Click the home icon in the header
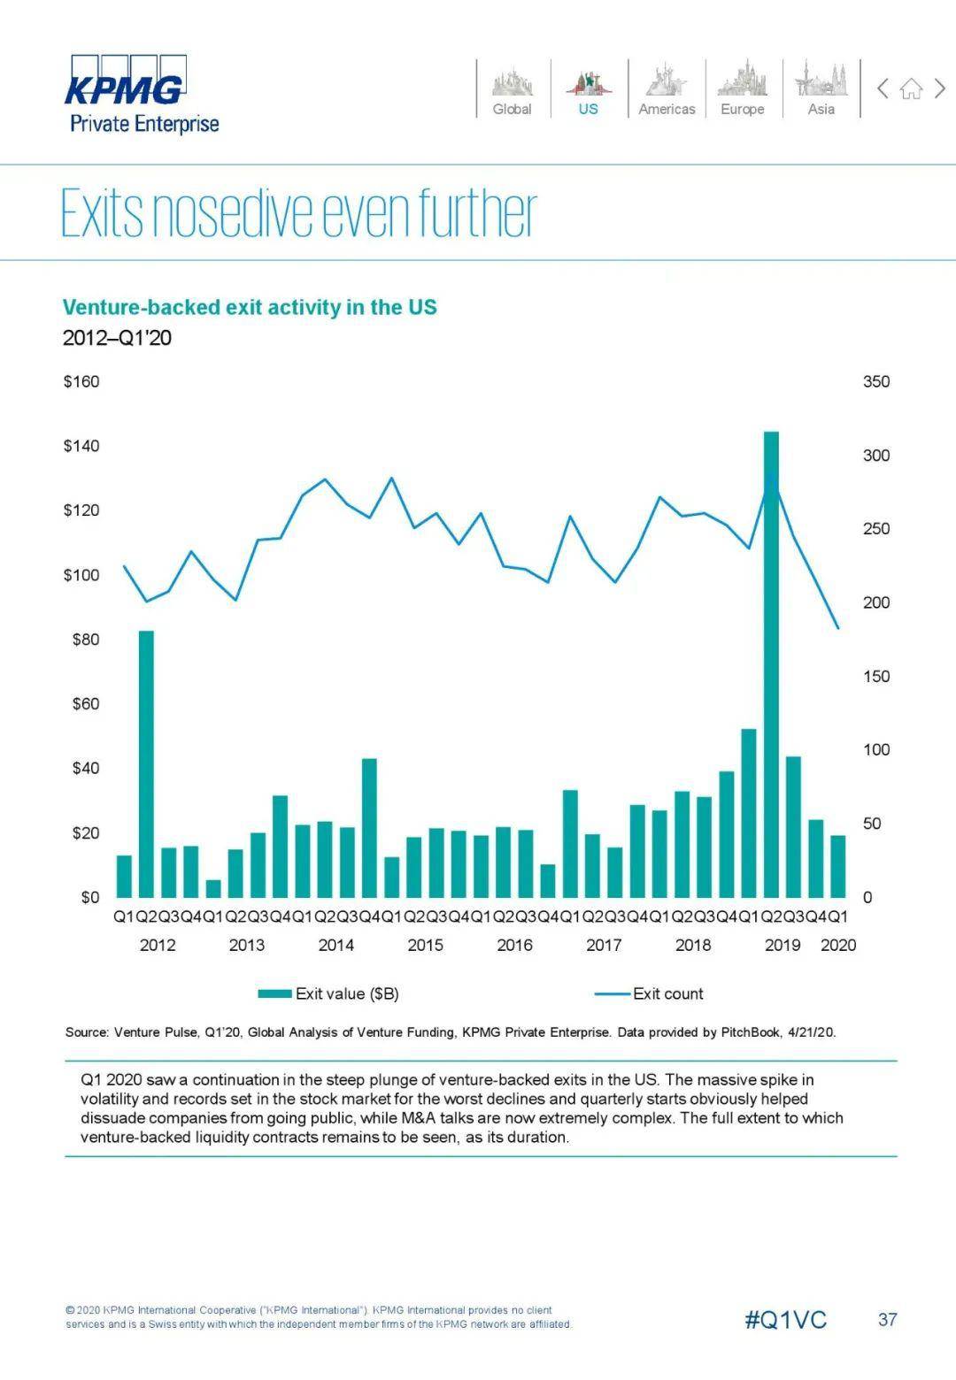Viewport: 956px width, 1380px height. (911, 88)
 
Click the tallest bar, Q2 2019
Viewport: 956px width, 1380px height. (771, 663)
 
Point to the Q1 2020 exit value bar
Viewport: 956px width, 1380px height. (837, 866)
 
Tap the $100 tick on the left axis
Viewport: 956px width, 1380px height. (81, 575)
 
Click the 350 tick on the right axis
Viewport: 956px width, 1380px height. (875, 382)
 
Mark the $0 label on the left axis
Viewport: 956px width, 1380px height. (90, 897)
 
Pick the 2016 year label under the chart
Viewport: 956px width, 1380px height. (514, 945)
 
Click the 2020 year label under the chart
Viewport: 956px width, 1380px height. (838, 945)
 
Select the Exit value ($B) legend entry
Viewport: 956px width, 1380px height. (329, 993)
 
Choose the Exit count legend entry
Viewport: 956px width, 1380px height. (651, 993)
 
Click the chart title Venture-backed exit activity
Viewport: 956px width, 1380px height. (250, 307)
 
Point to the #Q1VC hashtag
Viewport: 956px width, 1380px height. (785, 1320)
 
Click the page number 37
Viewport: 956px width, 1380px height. (887, 1320)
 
